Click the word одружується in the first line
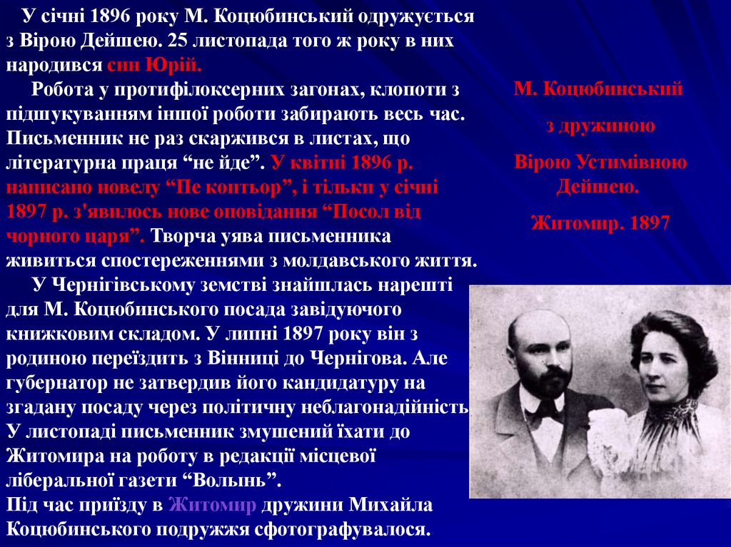(x=415, y=18)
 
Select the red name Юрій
(x=173, y=65)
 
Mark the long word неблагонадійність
(x=385, y=407)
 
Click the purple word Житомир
(x=212, y=505)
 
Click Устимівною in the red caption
(x=631, y=163)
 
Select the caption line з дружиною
(x=600, y=126)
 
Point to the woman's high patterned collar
(x=671, y=410)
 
